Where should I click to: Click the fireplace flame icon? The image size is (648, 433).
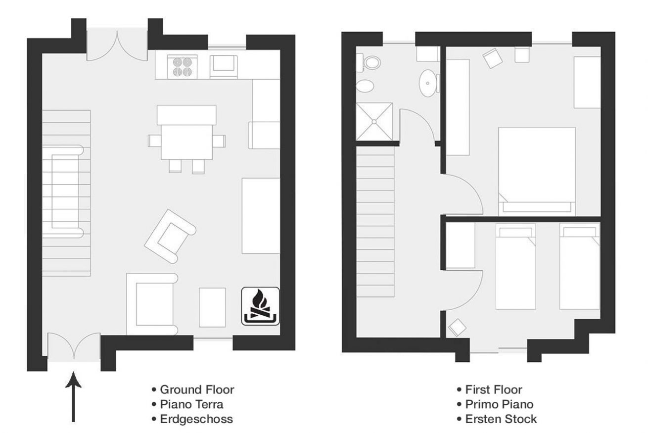click(x=261, y=306)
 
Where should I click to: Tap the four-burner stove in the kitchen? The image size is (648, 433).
click(x=183, y=67)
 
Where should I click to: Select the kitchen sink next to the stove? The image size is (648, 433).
click(x=224, y=67)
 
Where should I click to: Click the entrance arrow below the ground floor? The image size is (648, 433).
click(x=74, y=396)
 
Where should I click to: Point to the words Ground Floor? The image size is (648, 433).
click(x=197, y=389)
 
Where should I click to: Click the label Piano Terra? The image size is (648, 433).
click(x=191, y=404)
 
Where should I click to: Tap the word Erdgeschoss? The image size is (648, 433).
click(x=196, y=419)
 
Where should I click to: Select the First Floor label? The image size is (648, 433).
click(x=494, y=389)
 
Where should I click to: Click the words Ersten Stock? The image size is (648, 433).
click(x=501, y=419)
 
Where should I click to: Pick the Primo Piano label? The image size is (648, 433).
click(x=499, y=404)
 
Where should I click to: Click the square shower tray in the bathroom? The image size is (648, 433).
click(x=374, y=122)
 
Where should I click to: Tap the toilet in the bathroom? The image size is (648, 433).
click(x=370, y=62)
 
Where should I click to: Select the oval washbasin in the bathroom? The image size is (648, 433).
click(x=428, y=83)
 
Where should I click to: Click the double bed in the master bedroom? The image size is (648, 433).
click(x=537, y=171)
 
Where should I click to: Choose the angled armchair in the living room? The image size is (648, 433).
click(x=170, y=236)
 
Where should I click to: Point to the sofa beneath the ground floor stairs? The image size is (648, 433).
click(x=63, y=192)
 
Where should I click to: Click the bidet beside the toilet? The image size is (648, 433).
click(x=365, y=86)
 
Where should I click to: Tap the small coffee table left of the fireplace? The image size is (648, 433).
click(x=212, y=307)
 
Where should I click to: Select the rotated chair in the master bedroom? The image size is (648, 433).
click(x=492, y=58)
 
